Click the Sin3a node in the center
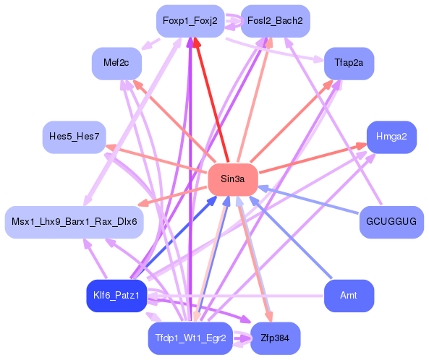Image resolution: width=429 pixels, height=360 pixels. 233,179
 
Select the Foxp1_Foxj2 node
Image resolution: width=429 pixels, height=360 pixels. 190,21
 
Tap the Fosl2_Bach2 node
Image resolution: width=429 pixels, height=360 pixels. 275,21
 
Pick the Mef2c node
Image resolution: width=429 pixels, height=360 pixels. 116,64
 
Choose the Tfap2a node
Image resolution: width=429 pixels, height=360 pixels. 349,64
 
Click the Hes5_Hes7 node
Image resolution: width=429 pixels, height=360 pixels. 74,136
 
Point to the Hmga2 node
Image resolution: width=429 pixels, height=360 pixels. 391,136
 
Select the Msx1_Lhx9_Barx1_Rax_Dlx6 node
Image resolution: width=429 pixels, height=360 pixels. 74,221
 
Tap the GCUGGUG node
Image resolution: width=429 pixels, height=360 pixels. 391,221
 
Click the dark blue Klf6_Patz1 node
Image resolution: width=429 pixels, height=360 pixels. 116,296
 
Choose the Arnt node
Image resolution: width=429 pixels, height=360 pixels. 349,296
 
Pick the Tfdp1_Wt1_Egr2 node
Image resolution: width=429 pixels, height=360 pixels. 190,338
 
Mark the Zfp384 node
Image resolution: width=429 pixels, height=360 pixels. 275,338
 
